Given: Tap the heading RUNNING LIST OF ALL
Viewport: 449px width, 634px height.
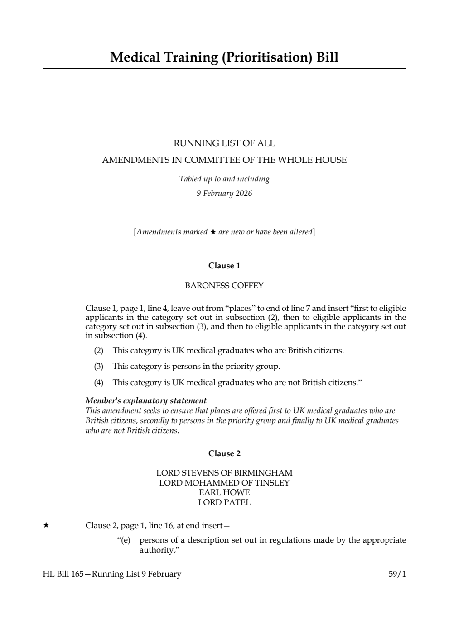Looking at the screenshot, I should pos(224,143).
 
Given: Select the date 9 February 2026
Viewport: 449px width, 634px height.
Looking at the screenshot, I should pos(224,194).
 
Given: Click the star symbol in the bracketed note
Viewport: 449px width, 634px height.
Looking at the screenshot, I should pos(212,232).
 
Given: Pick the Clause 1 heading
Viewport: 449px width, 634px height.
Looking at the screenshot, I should pos(224,266).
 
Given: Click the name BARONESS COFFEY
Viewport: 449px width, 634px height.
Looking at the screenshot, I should pos(224,286).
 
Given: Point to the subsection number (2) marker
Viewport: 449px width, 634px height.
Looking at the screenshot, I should pos(98,351).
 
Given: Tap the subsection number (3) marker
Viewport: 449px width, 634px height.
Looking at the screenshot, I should pos(98,367).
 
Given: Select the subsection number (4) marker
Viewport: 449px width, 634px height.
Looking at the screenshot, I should pos(98,383).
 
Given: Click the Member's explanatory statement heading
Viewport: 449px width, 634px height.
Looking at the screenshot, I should pos(146,400).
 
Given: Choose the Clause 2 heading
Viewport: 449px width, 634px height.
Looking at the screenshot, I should pos(224,453).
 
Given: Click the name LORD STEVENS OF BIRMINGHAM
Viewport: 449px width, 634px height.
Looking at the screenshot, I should pos(224,473).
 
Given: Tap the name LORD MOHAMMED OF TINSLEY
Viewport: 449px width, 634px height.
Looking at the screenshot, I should pos(224,483).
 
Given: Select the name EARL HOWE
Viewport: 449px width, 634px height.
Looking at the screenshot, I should pos(224,492).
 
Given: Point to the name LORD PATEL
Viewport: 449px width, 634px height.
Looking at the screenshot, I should pos(224,502).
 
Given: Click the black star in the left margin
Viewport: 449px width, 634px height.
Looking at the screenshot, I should pos(46,525).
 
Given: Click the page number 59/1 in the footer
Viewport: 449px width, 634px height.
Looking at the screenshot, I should pos(397,574).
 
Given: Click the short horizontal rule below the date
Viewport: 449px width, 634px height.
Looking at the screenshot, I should pos(223,210).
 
